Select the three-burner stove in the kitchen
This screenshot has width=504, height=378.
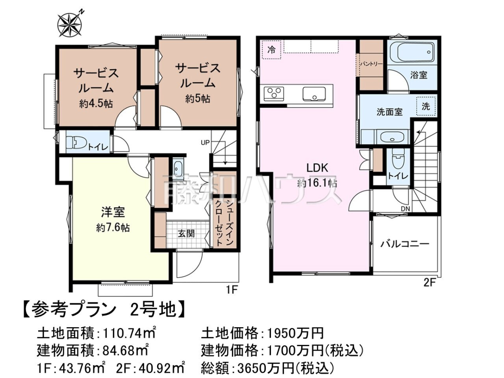[274, 93]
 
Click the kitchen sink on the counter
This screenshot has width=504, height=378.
[314, 94]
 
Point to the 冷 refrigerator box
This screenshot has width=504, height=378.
[271, 50]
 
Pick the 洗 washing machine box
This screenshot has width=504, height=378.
[426, 106]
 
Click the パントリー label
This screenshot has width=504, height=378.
[371, 63]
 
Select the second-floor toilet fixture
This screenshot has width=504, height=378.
[398, 158]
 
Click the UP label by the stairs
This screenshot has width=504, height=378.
[205, 142]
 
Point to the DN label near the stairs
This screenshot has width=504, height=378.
[405, 209]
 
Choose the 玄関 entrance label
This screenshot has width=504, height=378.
[186, 234]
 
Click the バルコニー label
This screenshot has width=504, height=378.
[405, 244]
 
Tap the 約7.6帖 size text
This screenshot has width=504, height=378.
[113, 228]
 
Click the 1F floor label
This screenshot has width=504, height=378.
[231, 290]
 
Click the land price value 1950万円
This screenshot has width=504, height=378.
[294, 333]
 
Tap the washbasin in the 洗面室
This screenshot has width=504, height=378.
[392, 137]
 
